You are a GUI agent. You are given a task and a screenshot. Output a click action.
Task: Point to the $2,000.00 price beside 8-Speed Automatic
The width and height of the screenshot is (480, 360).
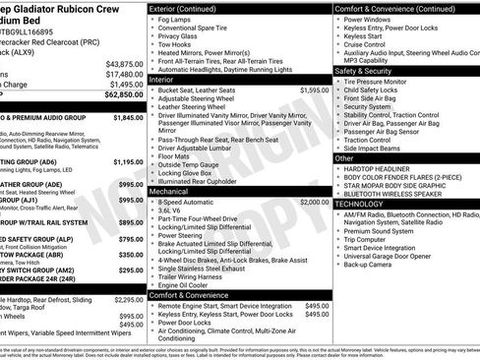(x=315, y=201)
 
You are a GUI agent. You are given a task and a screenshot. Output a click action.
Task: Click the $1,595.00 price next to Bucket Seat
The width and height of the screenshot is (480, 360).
(x=315, y=116)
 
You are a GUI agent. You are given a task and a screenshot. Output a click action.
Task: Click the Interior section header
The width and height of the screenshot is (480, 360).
(x=168, y=106)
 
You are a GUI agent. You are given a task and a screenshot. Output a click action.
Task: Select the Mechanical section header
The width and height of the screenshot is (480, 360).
(x=173, y=191)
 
